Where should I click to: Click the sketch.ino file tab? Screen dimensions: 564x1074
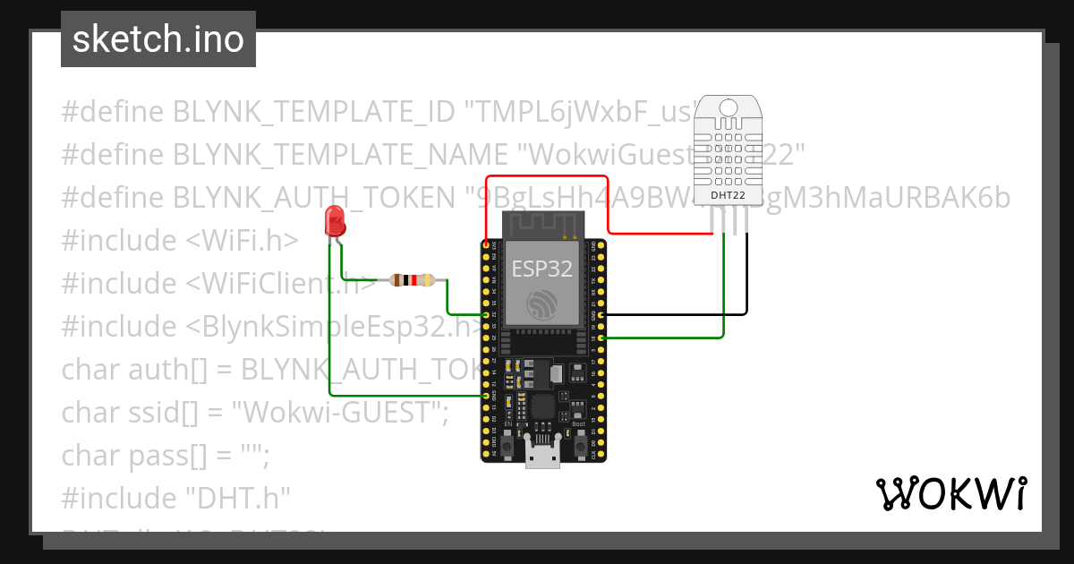tap(158, 39)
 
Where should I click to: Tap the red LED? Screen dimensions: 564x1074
tap(336, 221)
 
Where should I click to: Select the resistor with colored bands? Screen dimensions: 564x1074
tap(412, 280)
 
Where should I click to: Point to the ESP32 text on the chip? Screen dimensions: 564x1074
tap(541, 269)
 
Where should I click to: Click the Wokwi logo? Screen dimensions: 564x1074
tap(950, 494)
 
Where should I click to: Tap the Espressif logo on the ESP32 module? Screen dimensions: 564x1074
tap(542, 304)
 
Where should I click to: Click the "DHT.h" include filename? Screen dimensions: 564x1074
tap(237, 499)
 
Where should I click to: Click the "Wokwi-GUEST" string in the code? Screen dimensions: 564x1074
tap(339, 413)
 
